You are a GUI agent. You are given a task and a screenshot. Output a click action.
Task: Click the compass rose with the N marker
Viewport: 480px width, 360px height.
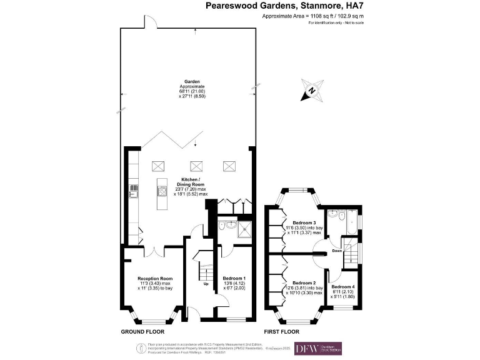click(x=312, y=91)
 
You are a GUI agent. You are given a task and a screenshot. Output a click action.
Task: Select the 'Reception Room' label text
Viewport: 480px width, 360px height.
click(x=154, y=278)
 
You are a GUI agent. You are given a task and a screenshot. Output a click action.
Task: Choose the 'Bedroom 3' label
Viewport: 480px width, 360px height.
click(x=297, y=223)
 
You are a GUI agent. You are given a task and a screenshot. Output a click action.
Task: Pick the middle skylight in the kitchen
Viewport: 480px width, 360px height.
click(x=197, y=166)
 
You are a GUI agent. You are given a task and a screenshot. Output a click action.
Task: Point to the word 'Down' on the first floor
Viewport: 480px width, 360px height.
click(x=337, y=251)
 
